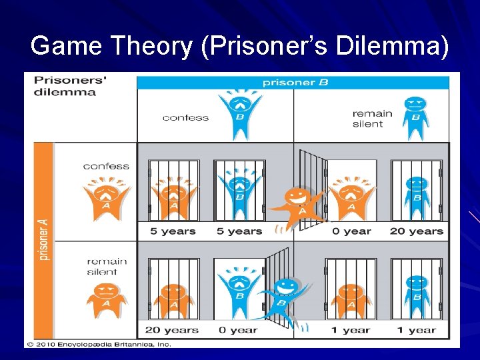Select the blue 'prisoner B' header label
pyautogui.click(x=295, y=83)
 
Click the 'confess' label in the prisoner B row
pyautogui.click(x=185, y=118)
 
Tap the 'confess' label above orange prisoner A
pyautogui.click(x=106, y=166)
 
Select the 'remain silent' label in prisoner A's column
pyautogui.click(x=102, y=267)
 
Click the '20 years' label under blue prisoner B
pyautogui.click(x=416, y=231)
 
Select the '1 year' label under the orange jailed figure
pyautogui.click(x=351, y=330)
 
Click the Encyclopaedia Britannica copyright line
pyautogui.click(x=99, y=344)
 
